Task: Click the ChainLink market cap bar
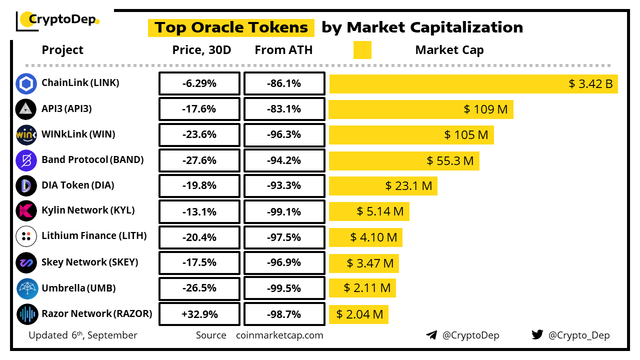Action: click(473, 83)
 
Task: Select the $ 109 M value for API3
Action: click(485, 109)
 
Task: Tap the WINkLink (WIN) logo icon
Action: click(26, 135)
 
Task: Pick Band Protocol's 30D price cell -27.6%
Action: click(199, 160)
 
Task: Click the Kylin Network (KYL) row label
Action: click(88, 210)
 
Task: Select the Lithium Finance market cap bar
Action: click(365, 237)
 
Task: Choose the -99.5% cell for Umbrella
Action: click(284, 288)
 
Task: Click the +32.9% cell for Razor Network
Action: click(199, 314)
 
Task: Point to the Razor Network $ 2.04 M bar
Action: click(358, 314)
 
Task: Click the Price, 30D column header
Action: click(201, 50)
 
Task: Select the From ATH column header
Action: click(283, 50)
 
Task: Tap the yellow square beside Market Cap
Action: click(362, 50)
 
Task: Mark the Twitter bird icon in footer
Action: click(537, 335)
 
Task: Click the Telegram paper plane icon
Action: click(431, 335)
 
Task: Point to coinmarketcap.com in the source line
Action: click(279, 335)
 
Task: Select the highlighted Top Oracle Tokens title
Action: click(231, 27)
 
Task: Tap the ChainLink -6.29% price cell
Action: click(199, 83)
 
